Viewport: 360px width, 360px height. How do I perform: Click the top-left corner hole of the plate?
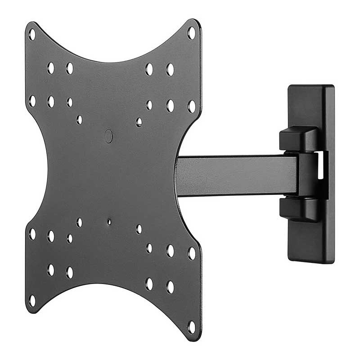coord(31,35)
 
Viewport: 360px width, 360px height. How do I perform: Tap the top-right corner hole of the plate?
coord(191,33)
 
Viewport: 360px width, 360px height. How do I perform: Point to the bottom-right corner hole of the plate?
coord(191,327)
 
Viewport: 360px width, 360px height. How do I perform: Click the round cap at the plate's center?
coord(109,135)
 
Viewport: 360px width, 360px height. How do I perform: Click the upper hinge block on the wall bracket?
coord(299,138)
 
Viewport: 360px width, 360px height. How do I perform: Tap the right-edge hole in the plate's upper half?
coord(191,106)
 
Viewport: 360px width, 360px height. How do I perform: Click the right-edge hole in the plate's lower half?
coord(191,253)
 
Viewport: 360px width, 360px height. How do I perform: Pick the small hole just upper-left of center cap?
coord(79,120)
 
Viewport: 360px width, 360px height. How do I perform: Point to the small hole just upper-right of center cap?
coord(139,122)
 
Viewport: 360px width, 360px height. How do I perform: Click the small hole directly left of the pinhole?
coord(79,222)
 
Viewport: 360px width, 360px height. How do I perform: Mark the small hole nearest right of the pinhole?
coord(139,229)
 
